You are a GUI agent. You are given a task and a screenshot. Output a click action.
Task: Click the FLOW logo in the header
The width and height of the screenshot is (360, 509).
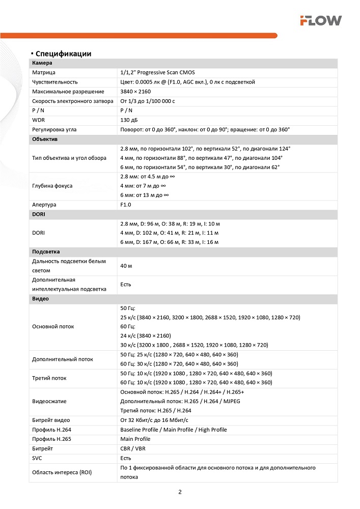pyautogui.click(x=320, y=20)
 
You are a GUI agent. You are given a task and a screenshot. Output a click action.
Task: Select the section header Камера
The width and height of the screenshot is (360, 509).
pyautogui.click(x=42, y=63)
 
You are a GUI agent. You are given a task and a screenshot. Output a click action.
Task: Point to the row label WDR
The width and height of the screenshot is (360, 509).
pyautogui.click(x=38, y=120)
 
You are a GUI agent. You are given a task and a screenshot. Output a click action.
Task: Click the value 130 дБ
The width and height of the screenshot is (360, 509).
pyautogui.click(x=129, y=120)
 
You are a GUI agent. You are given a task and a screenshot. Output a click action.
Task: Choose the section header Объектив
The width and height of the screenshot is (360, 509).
pyautogui.click(x=45, y=139)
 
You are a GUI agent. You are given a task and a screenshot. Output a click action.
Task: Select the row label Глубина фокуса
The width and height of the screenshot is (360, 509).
pyautogui.click(x=52, y=186)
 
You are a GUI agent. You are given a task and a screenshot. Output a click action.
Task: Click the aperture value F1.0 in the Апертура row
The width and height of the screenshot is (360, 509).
pyautogui.click(x=126, y=205)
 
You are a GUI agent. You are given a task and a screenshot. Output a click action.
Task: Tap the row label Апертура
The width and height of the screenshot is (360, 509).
pyautogui.click(x=44, y=205)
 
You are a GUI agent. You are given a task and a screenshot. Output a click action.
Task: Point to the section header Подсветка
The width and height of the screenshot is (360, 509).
pyautogui.click(x=46, y=252)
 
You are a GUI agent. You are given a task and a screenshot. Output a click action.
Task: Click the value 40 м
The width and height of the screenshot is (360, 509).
pyautogui.click(x=126, y=266)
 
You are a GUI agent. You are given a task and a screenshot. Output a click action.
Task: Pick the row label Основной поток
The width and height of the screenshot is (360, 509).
pyautogui.click(x=52, y=327)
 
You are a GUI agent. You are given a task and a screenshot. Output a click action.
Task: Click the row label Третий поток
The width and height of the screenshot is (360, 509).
pyautogui.click(x=49, y=378)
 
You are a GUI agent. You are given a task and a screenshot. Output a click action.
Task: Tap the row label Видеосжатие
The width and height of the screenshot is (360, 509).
pyautogui.click(x=49, y=402)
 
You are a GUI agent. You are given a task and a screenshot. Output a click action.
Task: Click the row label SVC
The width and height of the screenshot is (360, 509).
pyautogui.click(x=37, y=458)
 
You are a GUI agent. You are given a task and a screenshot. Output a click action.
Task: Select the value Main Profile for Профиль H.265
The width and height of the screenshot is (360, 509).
pyautogui.click(x=135, y=439)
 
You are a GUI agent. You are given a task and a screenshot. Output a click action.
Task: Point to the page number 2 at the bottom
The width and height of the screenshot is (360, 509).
pyautogui.click(x=180, y=492)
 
